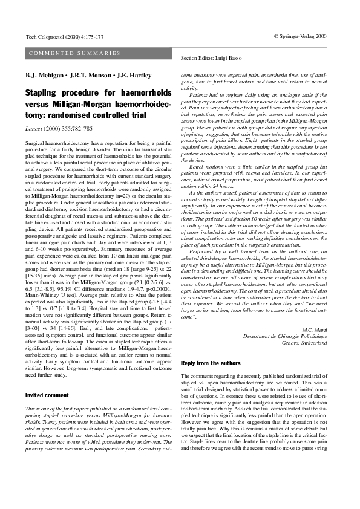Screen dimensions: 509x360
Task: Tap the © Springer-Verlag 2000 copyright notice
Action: pyautogui.click(x=300, y=36)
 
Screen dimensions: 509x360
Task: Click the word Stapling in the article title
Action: pyautogui.click(x=46, y=93)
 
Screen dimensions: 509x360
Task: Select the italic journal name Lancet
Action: pyautogui.click(x=34, y=128)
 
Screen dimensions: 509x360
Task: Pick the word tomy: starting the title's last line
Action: pyautogui.click(x=37, y=115)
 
